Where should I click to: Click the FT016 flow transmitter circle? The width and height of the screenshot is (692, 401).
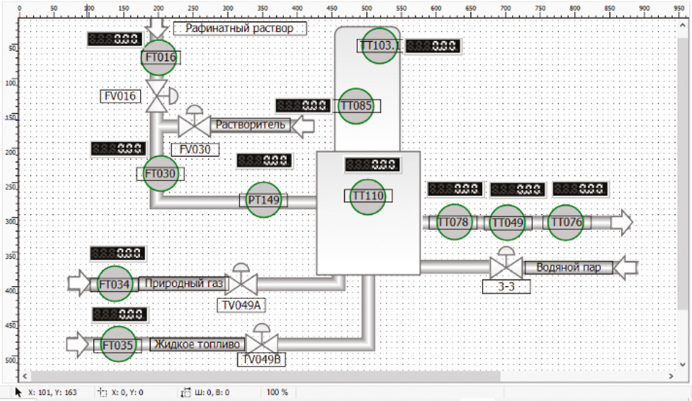click(160, 58)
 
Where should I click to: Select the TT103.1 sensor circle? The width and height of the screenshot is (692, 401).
click(380, 46)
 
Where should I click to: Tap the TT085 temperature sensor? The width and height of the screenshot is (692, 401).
click(357, 106)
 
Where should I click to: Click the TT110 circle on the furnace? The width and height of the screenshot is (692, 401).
click(368, 196)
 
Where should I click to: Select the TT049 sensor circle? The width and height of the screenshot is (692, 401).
click(507, 222)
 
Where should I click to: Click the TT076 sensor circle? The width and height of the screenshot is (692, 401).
click(565, 222)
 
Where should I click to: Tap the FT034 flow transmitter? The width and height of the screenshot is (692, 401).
click(114, 284)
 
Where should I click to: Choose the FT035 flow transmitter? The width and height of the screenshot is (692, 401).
click(118, 345)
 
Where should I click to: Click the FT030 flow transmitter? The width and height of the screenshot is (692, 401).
click(160, 174)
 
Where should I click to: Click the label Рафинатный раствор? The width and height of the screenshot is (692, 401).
click(239, 29)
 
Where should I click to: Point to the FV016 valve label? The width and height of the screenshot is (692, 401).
click(121, 95)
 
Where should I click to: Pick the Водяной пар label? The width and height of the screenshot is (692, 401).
click(568, 268)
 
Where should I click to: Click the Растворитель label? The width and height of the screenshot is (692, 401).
click(250, 125)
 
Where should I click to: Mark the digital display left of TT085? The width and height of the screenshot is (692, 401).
click(303, 106)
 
